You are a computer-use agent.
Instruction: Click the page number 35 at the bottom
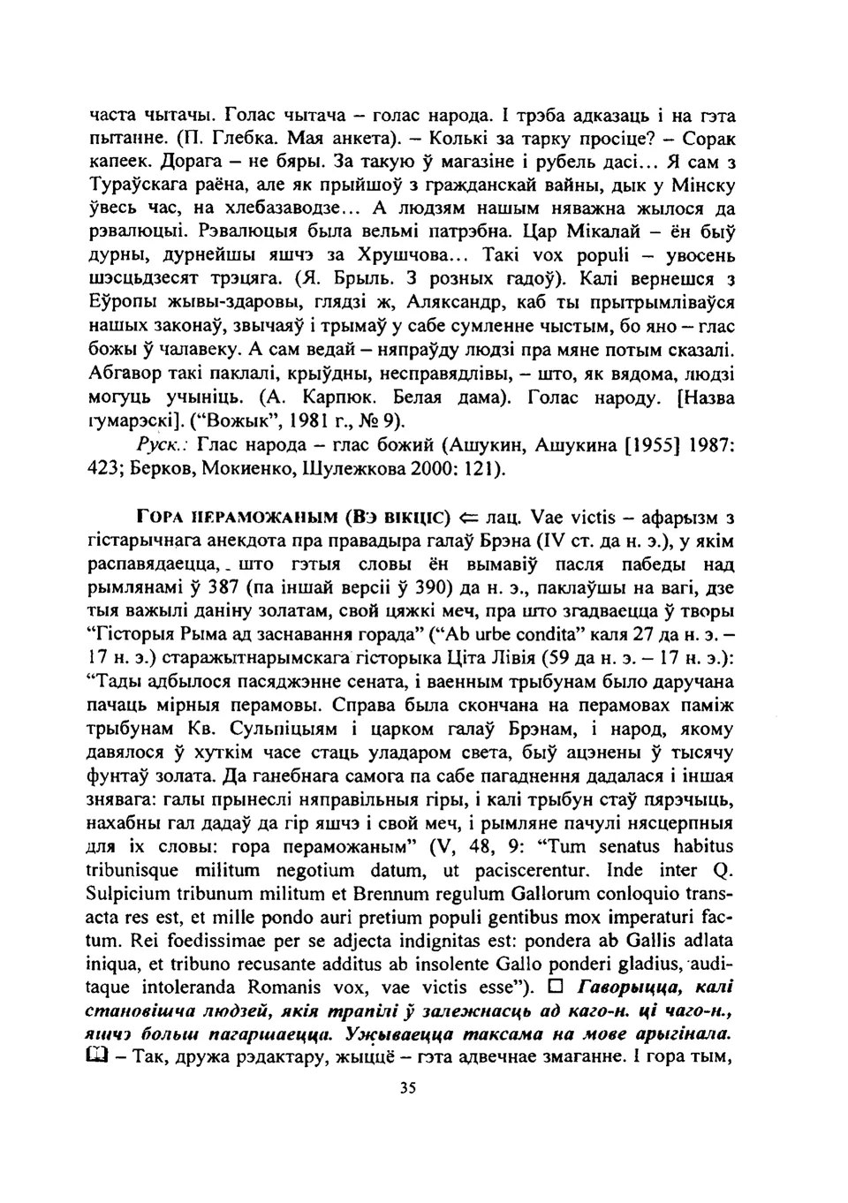click(407, 1089)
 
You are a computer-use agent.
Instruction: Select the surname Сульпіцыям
click(287, 729)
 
